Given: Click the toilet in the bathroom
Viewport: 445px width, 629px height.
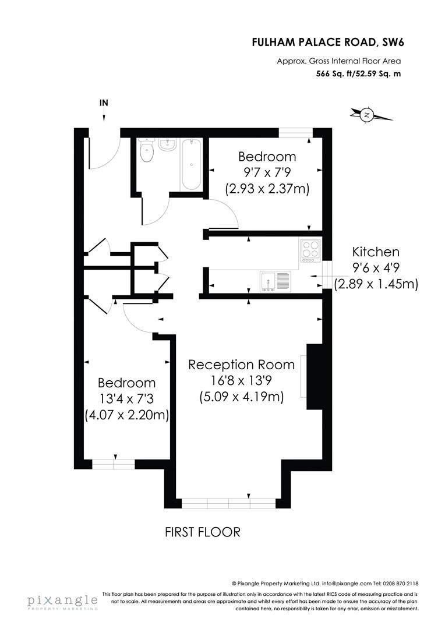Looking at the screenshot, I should coord(147,153).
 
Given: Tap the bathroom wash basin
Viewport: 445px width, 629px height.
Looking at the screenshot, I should coord(168,144).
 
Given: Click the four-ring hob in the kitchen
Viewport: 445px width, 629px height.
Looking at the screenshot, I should coord(311,250).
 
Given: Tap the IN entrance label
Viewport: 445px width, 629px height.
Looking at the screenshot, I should coord(104,103).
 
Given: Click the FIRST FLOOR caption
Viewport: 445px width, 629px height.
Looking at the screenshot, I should coord(203,532).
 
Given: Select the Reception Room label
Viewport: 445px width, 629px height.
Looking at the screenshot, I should coord(241,365).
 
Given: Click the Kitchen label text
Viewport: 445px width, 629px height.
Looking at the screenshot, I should coord(376,252).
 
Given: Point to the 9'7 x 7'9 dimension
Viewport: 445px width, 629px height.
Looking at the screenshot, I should coord(267,173).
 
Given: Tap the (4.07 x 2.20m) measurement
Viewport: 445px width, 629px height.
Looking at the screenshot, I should coord(127,415).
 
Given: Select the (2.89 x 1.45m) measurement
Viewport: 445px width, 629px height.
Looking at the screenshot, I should coord(376,284).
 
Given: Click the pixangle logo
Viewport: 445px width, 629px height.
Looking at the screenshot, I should coord(62,601).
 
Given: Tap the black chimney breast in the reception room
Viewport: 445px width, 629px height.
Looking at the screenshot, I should coord(315,378).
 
